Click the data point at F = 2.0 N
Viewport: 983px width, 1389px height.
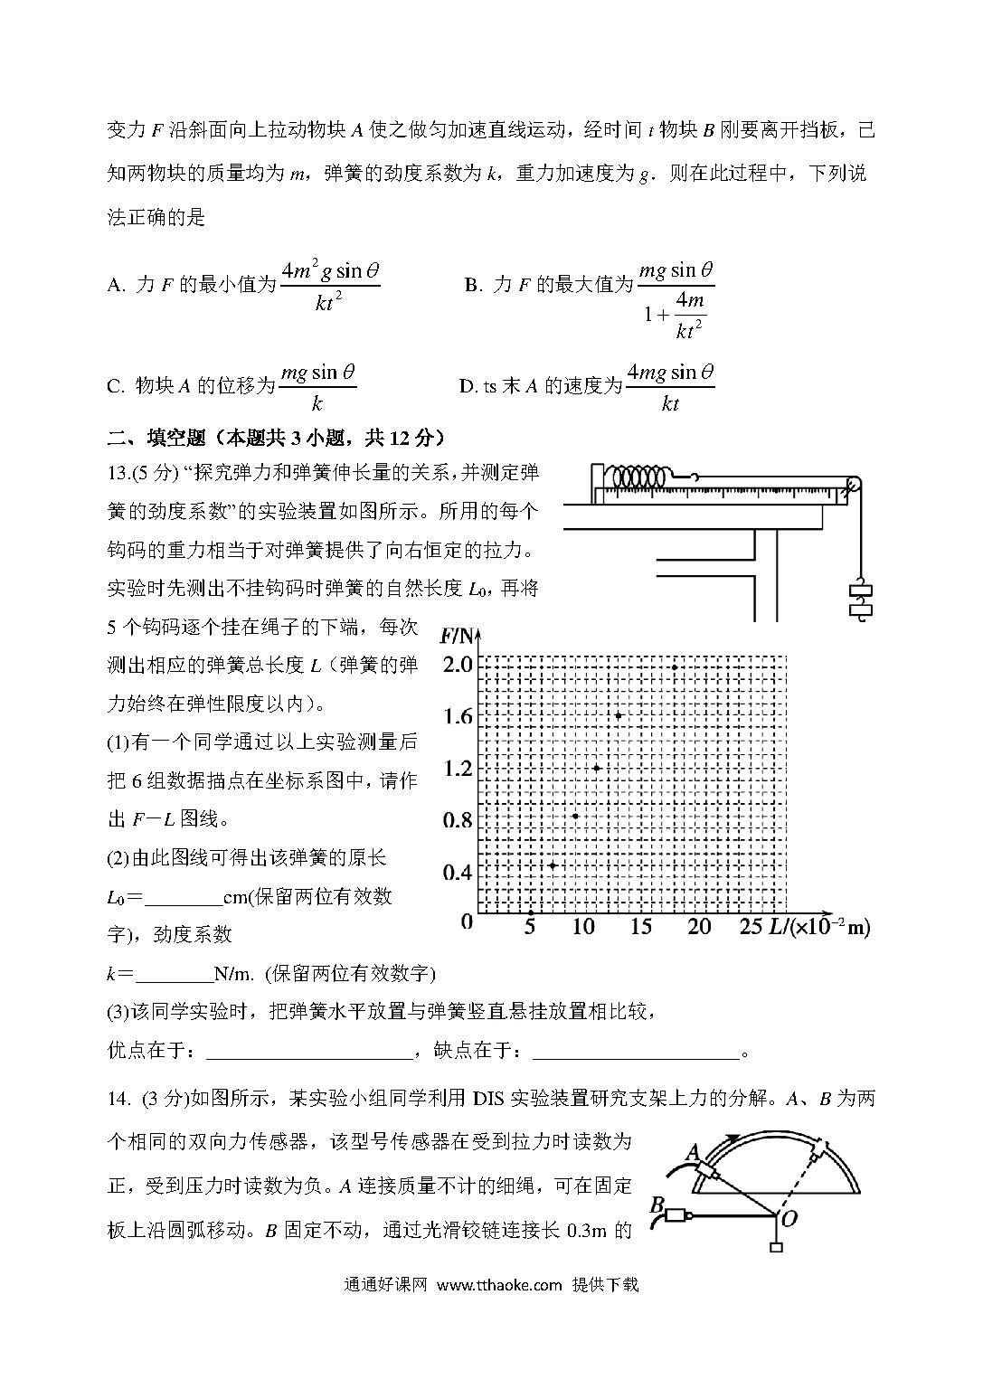click(x=675, y=666)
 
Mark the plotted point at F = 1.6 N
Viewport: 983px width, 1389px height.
click(x=619, y=715)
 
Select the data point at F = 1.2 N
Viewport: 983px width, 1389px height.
click(x=597, y=768)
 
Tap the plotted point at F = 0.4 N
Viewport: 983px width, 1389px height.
click(x=553, y=865)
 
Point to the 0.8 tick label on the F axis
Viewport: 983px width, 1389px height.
click(x=458, y=820)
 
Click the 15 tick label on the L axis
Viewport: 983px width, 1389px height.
click(x=640, y=926)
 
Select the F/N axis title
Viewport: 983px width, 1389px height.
click(x=458, y=635)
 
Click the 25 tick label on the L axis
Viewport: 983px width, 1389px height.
click(x=751, y=926)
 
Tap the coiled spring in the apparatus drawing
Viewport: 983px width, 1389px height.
click(x=638, y=476)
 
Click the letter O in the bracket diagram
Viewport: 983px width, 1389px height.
click(x=789, y=1219)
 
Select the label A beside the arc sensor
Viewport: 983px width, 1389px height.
click(x=694, y=1151)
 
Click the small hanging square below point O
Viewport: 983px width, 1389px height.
click(x=775, y=1249)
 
